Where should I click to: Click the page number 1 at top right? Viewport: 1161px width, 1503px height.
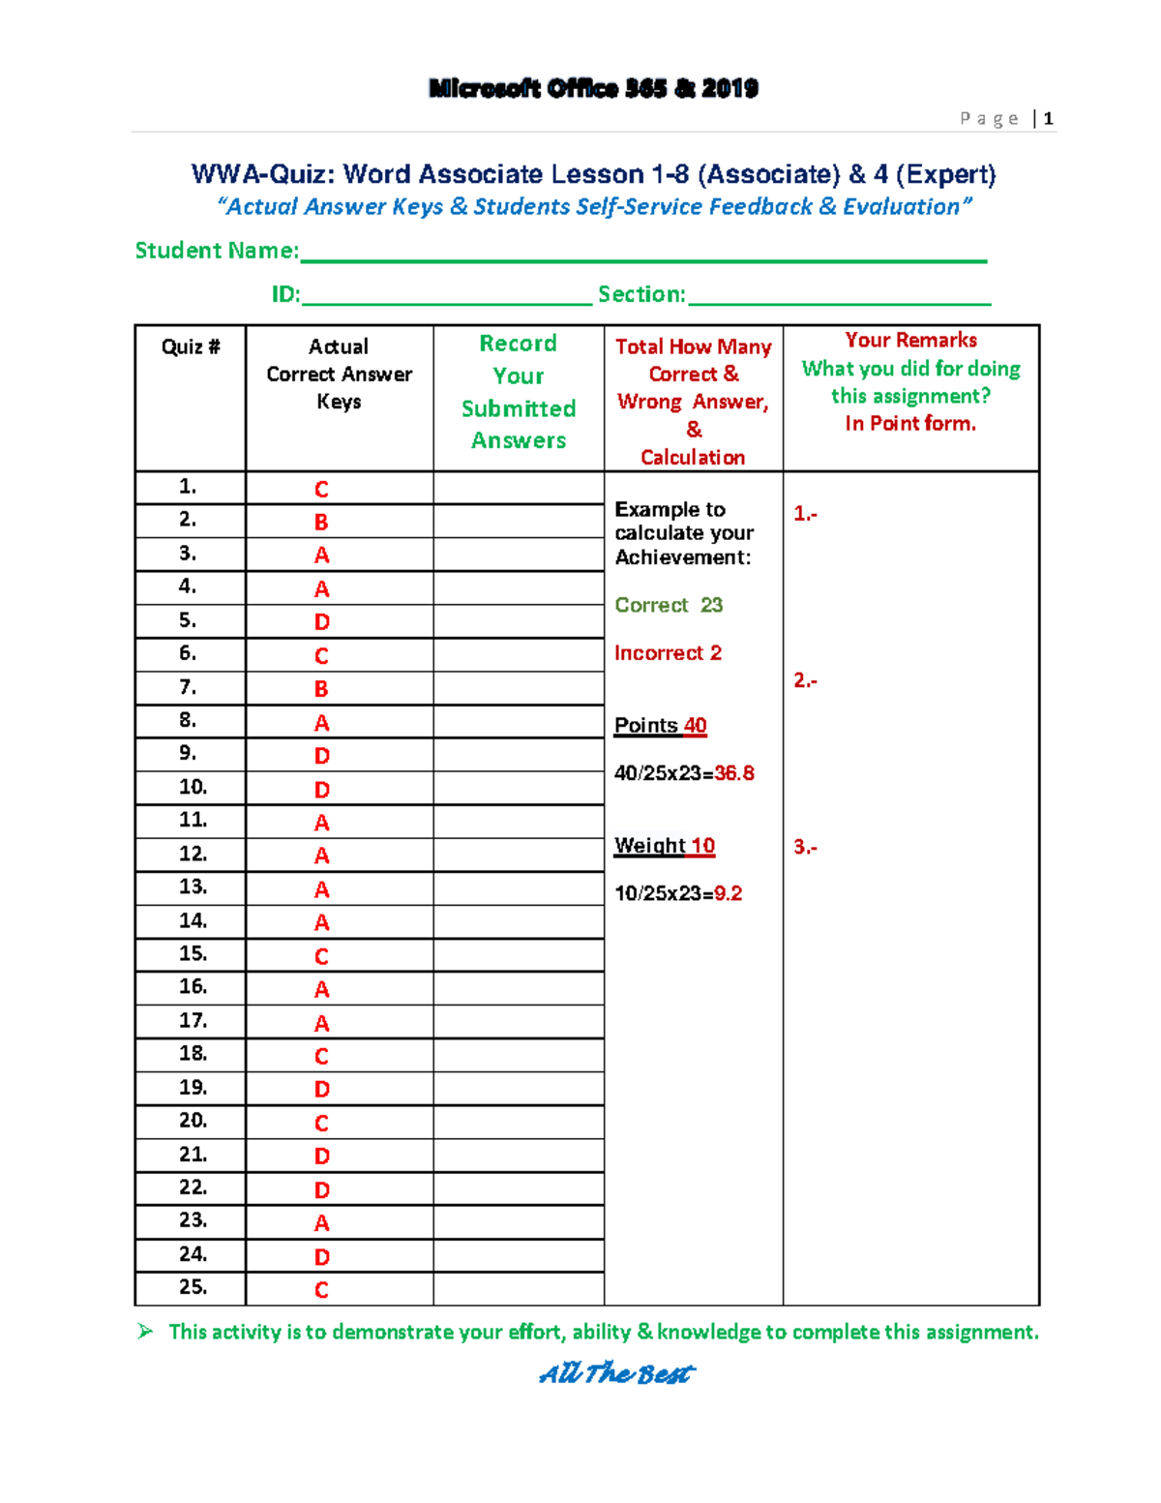[x=1048, y=119]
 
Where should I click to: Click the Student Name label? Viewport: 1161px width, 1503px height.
[x=216, y=251]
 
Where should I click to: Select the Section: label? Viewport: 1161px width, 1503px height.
[x=641, y=294]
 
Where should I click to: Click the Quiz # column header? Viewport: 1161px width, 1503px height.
[x=191, y=346]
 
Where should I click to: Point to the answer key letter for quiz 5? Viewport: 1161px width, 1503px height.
[x=322, y=622]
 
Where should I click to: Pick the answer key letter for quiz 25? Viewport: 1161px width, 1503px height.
[x=322, y=1290]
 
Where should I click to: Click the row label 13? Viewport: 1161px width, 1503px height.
[x=193, y=887]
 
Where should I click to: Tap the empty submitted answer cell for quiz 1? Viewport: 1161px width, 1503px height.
[x=519, y=488]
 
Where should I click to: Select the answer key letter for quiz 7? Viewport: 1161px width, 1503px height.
[x=322, y=689]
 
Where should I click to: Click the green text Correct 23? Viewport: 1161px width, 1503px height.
[x=669, y=605]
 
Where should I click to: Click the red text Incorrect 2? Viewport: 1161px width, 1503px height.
[x=668, y=653]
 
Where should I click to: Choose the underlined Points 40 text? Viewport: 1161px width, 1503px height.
[x=660, y=726]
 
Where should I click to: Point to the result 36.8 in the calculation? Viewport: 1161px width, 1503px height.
[x=734, y=773]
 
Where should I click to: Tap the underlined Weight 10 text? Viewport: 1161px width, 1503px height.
[x=665, y=846]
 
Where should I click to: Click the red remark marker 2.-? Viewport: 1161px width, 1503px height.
[x=805, y=680]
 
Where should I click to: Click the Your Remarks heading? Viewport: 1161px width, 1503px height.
[x=910, y=341]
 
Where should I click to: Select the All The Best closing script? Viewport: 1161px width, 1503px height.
[x=616, y=1373]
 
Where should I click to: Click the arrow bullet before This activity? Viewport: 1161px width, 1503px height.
[x=145, y=1332]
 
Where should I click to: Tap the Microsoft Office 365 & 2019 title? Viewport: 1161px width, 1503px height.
[x=593, y=89]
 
